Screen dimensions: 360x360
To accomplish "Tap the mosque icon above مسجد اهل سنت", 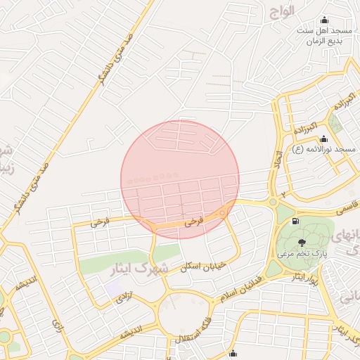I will pyautogui.click(x=323, y=20).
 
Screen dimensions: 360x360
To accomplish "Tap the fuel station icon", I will pyautogui.click(x=294, y=221).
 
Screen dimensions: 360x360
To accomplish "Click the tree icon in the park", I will pyautogui.click(x=302, y=243).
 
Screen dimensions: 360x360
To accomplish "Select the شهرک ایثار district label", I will pyautogui.click(x=140, y=268).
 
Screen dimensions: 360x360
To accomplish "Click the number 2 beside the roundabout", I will pyautogui.click(x=284, y=195).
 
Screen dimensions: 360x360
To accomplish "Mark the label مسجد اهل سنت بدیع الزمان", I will pyautogui.click(x=323, y=37).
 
